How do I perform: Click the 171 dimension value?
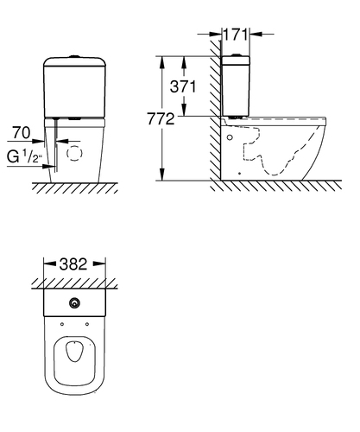point(236,35)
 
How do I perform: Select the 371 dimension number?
point(183,86)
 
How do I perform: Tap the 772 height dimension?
point(161,118)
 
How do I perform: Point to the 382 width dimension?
point(73,264)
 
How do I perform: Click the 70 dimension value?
point(22,133)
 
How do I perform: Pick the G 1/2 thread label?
point(25,157)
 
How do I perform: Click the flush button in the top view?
point(74,302)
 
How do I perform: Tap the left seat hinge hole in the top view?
point(62,324)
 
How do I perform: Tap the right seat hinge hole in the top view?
point(87,324)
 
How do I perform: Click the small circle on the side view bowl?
point(230,137)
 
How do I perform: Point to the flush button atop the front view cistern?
point(74,56)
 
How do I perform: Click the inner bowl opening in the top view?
point(74,352)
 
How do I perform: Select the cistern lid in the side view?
point(236,60)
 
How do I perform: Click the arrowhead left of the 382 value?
point(50,264)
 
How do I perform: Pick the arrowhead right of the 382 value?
point(99,264)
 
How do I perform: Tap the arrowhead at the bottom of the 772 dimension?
point(162,175)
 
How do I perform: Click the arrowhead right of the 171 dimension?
point(256,34)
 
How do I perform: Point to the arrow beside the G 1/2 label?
point(48,167)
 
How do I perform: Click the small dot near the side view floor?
point(240,174)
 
